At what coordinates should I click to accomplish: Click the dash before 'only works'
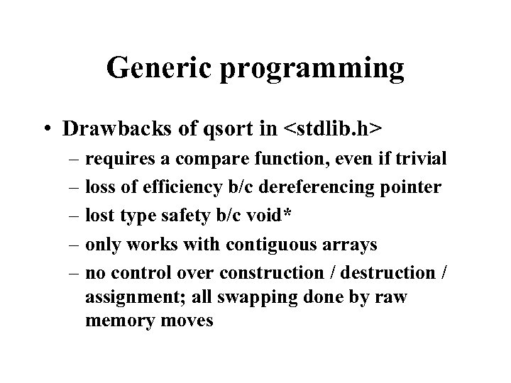click(72, 245)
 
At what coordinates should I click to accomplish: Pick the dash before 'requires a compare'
click(72, 160)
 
